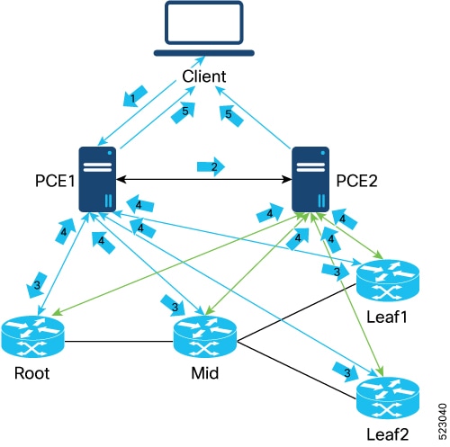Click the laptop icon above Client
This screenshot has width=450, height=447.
point(204,29)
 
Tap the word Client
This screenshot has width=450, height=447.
point(204,76)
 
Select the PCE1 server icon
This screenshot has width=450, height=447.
point(97,179)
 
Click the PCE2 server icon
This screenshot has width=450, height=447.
point(310,179)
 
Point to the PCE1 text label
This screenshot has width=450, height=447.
point(55,181)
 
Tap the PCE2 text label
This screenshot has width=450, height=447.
point(356,181)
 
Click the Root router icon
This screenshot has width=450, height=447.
point(33,336)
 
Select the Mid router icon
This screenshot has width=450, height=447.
point(205,336)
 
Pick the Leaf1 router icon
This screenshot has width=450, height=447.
point(388,281)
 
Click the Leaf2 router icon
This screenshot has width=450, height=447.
point(388,398)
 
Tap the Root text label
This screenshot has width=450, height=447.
point(31,373)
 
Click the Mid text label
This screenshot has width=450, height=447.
point(205,373)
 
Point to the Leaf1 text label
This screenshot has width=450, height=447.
point(387,317)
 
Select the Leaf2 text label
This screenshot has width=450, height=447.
point(388,434)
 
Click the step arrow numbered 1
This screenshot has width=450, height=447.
point(134,96)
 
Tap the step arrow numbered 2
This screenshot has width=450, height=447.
point(211,166)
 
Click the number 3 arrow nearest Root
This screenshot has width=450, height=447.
point(37,285)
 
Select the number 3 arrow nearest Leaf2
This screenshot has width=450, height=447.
point(346,371)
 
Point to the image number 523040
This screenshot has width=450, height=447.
point(442,422)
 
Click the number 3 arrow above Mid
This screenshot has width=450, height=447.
point(173,306)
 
